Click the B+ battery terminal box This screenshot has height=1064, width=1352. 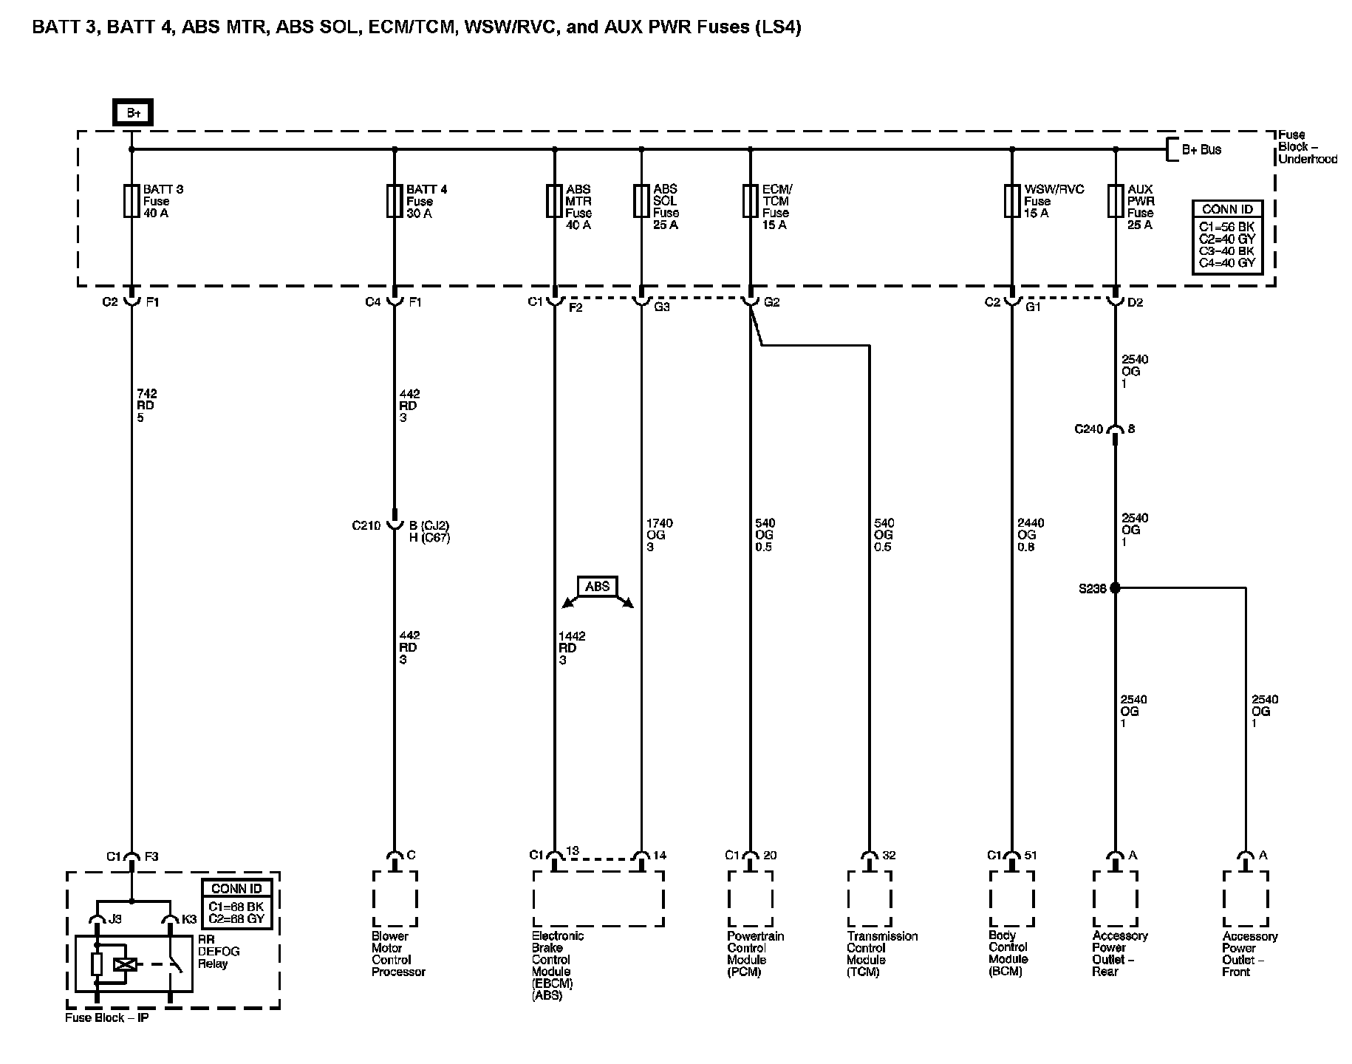(x=133, y=113)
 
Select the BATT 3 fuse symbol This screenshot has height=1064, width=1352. (x=132, y=201)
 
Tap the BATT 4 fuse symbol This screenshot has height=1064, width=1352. (x=395, y=201)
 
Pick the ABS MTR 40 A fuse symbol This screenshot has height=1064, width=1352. (x=555, y=201)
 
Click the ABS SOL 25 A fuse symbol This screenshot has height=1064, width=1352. (x=641, y=201)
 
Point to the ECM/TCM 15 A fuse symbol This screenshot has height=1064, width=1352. (x=750, y=201)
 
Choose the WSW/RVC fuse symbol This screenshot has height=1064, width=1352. (x=1012, y=201)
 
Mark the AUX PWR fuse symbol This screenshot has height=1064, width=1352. (x=1116, y=201)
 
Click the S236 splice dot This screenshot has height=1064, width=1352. (x=1116, y=588)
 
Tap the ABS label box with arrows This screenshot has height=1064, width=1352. (x=598, y=587)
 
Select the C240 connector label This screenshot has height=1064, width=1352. (x=1088, y=429)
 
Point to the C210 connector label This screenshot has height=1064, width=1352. (x=366, y=526)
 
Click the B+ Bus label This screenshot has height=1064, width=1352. (x=1201, y=150)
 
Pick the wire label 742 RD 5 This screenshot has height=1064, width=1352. (x=146, y=406)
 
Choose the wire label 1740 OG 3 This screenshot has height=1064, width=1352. (x=658, y=535)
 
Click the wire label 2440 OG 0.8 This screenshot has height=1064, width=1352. (x=1031, y=535)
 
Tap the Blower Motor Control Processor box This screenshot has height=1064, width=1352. (x=395, y=898)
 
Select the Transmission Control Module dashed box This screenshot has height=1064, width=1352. (x=869, y=898)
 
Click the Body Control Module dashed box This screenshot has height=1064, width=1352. (x=1011, y=898)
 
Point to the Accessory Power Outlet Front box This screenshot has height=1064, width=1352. (x=1246, y=898)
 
